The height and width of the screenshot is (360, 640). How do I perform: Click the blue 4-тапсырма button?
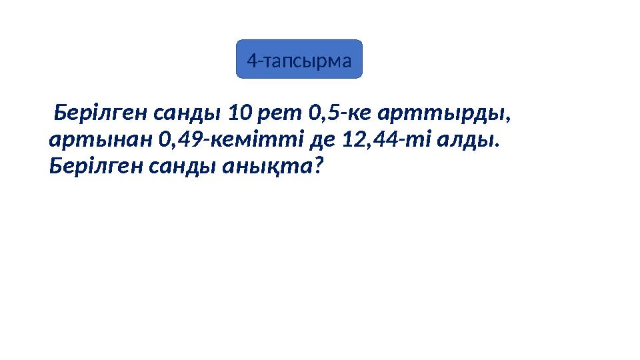coord(299,59)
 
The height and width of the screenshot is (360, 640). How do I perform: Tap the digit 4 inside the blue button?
coord(251,61)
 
